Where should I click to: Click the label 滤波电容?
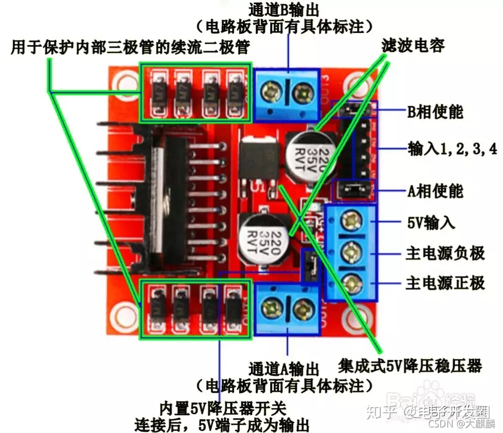413,46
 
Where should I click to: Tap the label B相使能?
435,111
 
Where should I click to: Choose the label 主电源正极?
445,283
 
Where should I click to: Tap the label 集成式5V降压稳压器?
410,365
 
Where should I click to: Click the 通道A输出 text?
284,368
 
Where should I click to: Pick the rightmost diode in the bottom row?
233,310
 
